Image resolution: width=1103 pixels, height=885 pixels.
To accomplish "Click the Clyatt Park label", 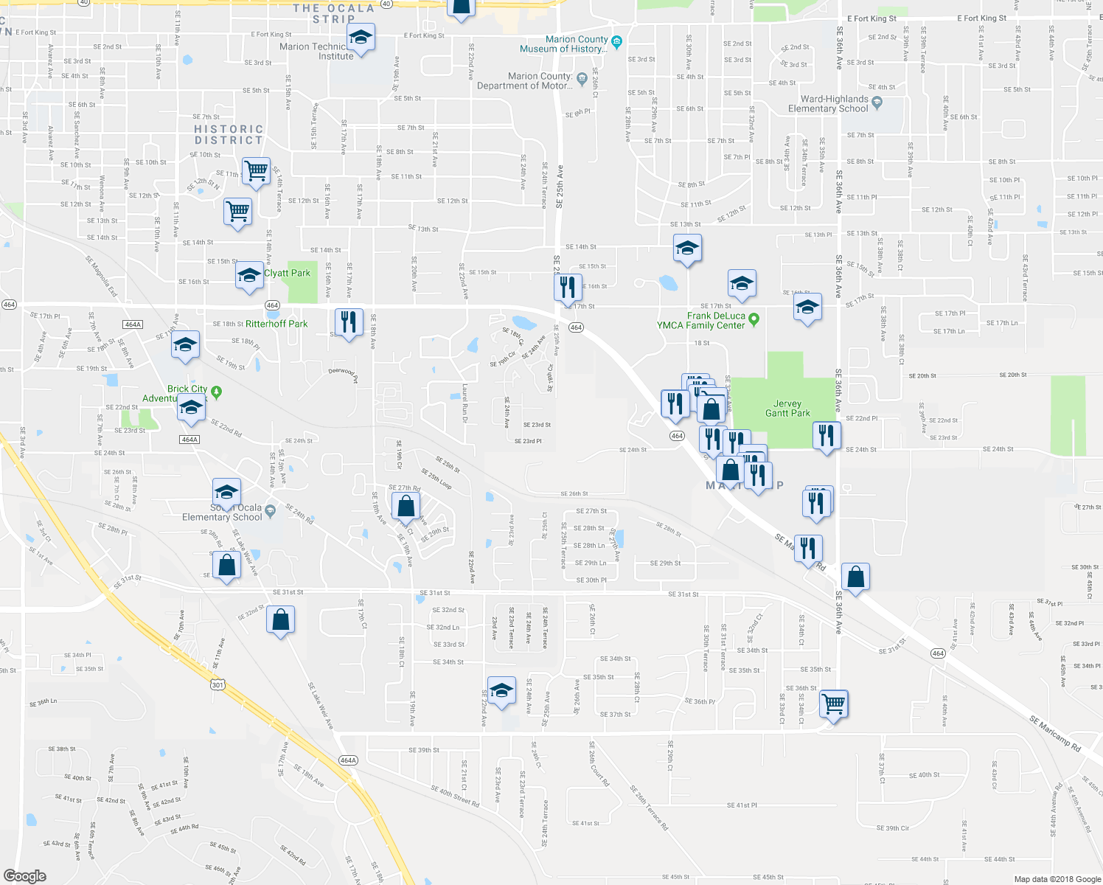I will point(288,273).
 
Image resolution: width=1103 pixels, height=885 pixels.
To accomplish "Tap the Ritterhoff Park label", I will point(276,324).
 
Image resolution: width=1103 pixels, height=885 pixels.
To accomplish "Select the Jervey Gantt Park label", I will point(787,409).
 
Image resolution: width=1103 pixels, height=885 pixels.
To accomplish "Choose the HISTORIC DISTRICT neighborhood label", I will point(229,134).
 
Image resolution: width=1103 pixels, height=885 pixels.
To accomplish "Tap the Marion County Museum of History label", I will point(564,44).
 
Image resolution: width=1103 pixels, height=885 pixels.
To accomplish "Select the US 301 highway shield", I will point(218,685).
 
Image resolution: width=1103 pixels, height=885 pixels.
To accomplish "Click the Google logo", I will point(24,876).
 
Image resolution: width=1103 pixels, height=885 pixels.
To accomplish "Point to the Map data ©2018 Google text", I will point(1057,879).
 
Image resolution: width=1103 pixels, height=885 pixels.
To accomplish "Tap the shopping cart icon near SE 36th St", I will point(834,704).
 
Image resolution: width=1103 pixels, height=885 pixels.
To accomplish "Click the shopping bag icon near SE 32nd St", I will point(281,620).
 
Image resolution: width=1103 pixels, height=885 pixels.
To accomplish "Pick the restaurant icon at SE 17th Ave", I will point(349,322).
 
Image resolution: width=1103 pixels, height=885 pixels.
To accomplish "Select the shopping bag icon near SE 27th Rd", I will point(406,506).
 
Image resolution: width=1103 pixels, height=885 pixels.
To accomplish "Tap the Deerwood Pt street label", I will point(343,375).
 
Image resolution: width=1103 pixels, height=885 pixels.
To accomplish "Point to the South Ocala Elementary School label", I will point(223,513).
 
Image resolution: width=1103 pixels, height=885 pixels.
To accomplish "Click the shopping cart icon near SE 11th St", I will point(256,171).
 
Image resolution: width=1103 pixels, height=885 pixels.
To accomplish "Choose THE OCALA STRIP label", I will point(334,13).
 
